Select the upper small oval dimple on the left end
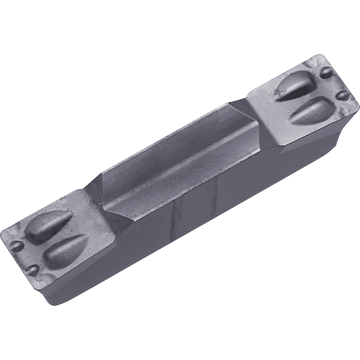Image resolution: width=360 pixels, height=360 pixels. click(16, 246)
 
